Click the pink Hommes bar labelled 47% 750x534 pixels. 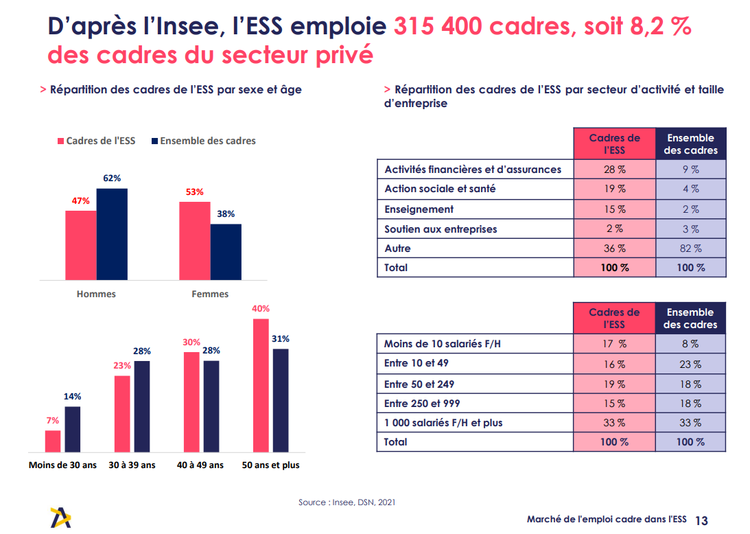pos(81,245)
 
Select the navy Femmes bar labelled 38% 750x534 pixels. pos(226,252)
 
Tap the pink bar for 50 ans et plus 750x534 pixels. pos(261,385)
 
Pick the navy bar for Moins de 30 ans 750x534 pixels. pos(72,429)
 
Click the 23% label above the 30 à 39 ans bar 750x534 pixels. pos(123,365)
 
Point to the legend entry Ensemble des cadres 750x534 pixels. pos(203,141)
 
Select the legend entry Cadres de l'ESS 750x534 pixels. pos(96,141)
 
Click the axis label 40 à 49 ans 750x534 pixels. pos(200,465)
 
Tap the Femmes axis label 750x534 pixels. pos(210,294)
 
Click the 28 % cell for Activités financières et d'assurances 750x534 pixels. pos(614,170)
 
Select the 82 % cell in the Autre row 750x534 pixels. pos(690,248)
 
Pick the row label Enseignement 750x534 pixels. pos(419,209)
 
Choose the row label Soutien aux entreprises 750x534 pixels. pos(441,229)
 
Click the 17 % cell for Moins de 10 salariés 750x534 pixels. pos(614,344)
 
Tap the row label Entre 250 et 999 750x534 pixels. pos(422,404)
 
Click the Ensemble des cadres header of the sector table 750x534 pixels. pos(690,144)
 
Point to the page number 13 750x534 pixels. pos(701,520)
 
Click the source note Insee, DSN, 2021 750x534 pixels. pos(347,502)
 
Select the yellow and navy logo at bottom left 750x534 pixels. pos(60,517)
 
